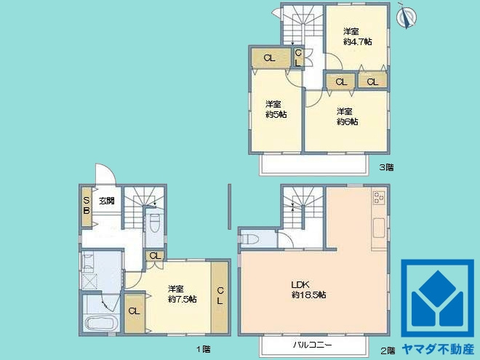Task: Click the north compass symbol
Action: click(407, 16)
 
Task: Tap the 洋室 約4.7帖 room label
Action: click(357, 36)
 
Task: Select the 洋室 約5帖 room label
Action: click(276, 109)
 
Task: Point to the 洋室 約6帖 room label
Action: click(347, 116)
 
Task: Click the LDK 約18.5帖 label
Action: click(308, 290)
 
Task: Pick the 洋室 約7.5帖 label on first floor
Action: click(182, 294)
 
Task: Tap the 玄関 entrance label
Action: click(106, 201)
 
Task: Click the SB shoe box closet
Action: click(87, 207)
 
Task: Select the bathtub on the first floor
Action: click(102, 322)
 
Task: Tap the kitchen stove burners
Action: click(379, 197)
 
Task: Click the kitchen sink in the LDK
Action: click(379, 228)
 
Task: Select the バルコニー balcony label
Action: click(313, 345)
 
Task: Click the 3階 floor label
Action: click(386, 167)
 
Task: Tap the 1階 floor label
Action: click(203, 349)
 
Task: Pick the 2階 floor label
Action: click(388, 351)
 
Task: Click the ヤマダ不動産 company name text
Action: click(438, 349)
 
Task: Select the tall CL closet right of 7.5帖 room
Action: click(220, 297)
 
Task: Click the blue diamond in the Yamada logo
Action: click(437, 287)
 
